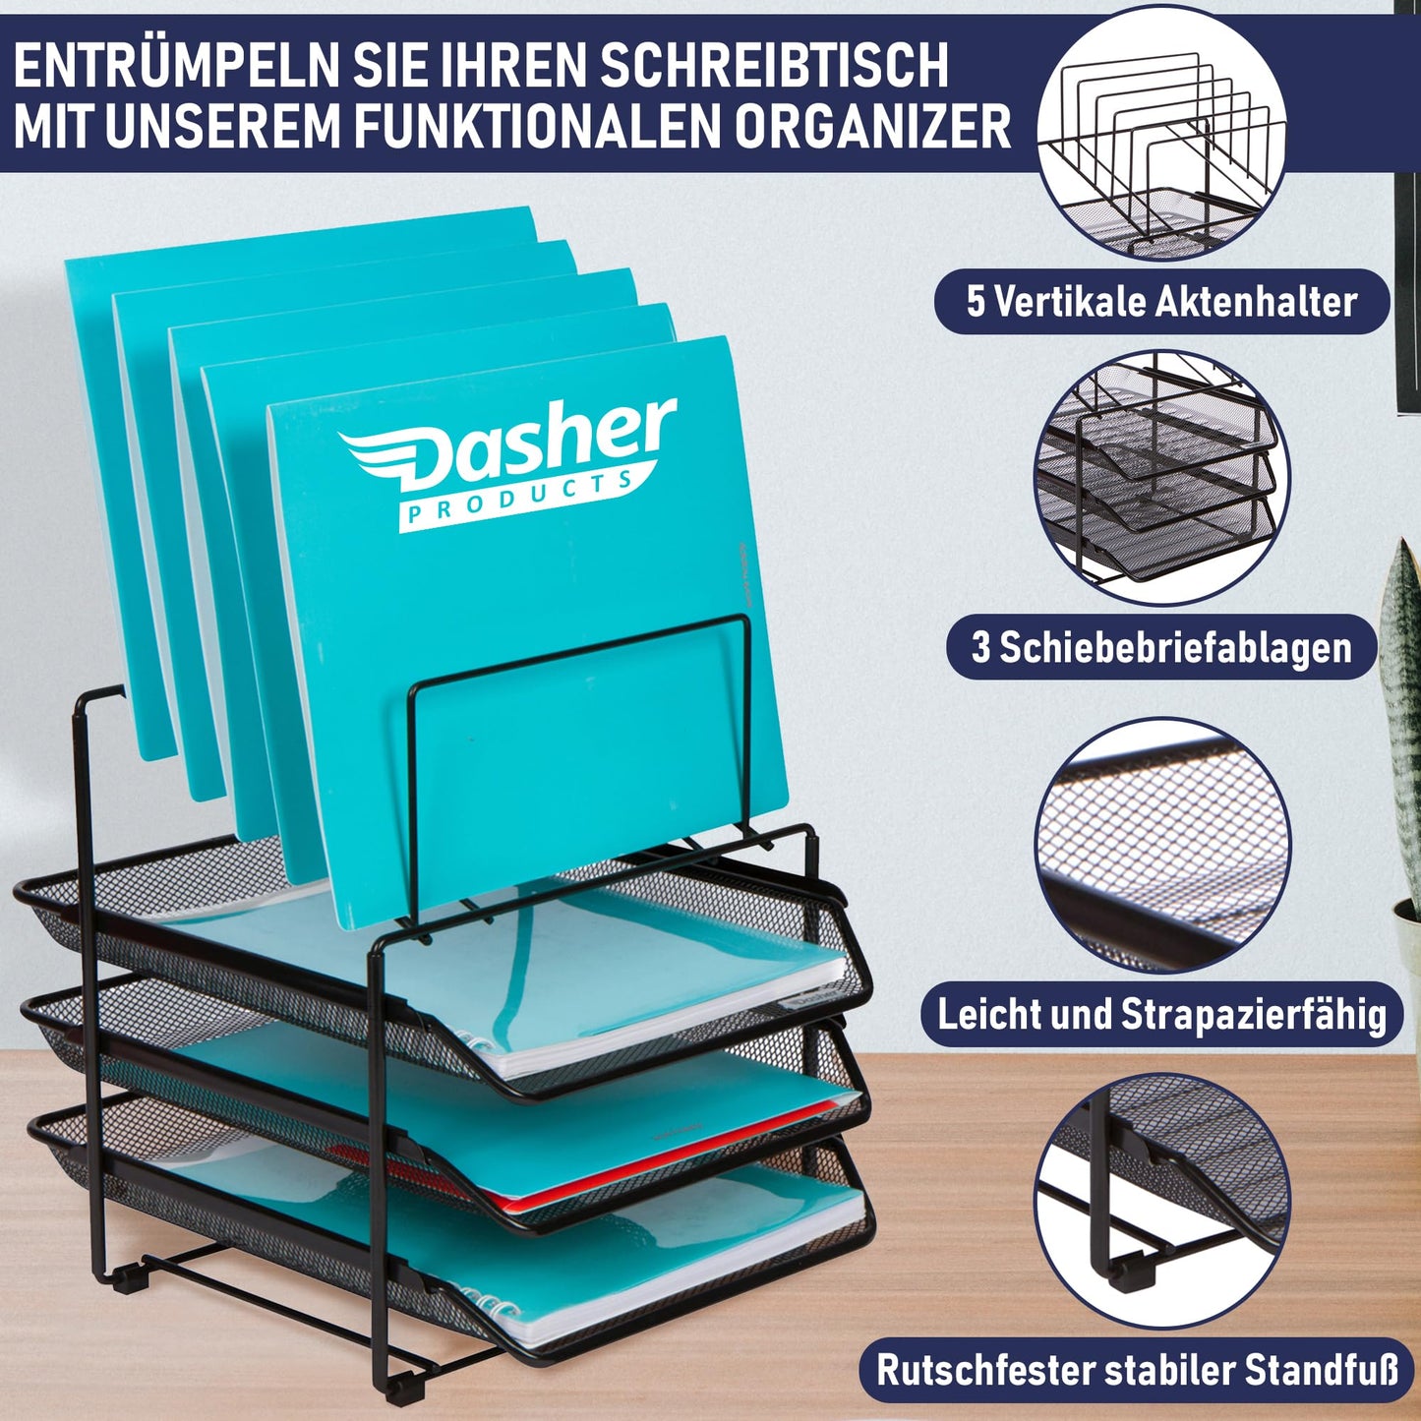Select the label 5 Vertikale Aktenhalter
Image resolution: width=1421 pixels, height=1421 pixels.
point(1161,302)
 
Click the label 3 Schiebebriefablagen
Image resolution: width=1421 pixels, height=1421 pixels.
point(1161,648)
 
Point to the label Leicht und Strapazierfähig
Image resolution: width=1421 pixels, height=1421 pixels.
point(1161,1014)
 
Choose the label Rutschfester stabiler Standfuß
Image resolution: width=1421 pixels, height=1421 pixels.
point(1137,1370)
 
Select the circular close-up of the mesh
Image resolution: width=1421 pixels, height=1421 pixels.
point(1161,846)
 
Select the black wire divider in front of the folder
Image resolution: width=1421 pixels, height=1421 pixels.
point(580,639)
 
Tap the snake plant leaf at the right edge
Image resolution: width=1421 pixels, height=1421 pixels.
point(1401,688)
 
